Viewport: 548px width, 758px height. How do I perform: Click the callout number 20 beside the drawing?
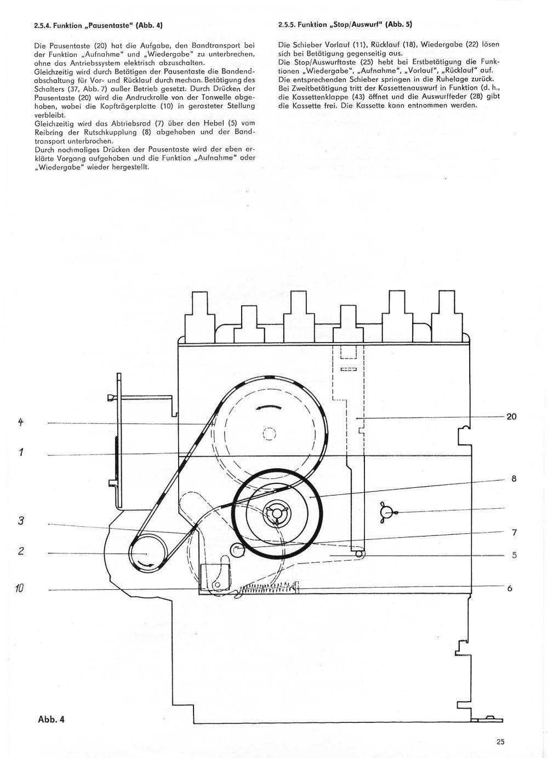[x=511, y=417]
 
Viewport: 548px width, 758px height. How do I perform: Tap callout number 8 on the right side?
[x=514, y=479]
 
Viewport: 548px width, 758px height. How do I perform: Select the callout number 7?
[x=514, y=533]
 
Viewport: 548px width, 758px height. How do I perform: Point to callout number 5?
[x=514, y=555]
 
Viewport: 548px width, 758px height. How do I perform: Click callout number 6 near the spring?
[x=510, y=589]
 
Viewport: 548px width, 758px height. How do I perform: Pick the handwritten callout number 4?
[x=21, y=422]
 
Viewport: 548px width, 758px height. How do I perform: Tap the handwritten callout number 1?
[x=21, y=452]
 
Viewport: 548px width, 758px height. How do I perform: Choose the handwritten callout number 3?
[x=21, y=520]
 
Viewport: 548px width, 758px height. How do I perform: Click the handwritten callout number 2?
[x=21, y=551]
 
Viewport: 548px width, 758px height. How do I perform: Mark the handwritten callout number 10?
[x=20, y=589]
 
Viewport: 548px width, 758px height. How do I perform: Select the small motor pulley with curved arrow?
[x=148, y=554]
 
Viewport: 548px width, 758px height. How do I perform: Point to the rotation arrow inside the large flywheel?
[x=269, y=407]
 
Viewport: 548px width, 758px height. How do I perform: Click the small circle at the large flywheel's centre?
[x=269, y=434]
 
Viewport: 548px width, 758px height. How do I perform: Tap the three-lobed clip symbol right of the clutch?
[x=386, y=512]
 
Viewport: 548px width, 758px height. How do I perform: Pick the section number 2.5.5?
[x=288, y=25]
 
